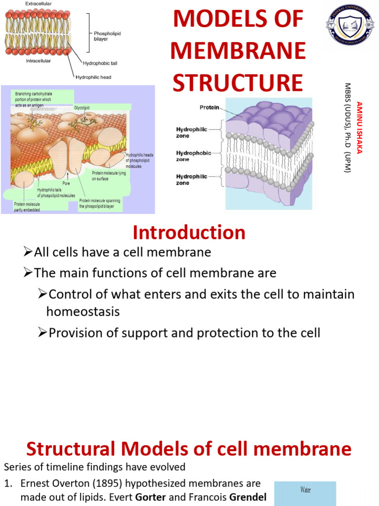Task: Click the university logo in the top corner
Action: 349,25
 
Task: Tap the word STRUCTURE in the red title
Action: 237,83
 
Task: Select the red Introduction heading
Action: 189,232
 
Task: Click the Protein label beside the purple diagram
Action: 209,107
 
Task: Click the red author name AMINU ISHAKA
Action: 360,133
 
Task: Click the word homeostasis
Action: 83,311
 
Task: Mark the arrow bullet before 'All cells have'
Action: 28,253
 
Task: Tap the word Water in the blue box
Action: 305,490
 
